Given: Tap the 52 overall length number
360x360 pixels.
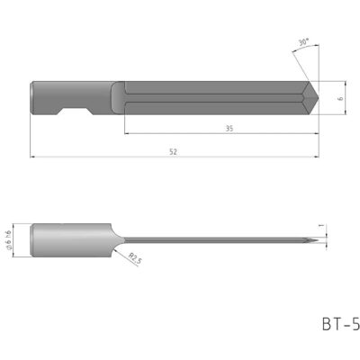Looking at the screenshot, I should tap(172, 152).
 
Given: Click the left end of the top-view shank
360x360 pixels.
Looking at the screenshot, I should tap(32, 98).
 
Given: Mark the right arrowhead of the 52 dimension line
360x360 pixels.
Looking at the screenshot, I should tap(318, 158).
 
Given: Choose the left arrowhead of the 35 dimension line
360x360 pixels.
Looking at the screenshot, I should tap(127, 134).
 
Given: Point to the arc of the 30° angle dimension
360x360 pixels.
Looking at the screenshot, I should tap(311, 56).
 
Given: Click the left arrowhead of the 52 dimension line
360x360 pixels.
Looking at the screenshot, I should tap(34, 158).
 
